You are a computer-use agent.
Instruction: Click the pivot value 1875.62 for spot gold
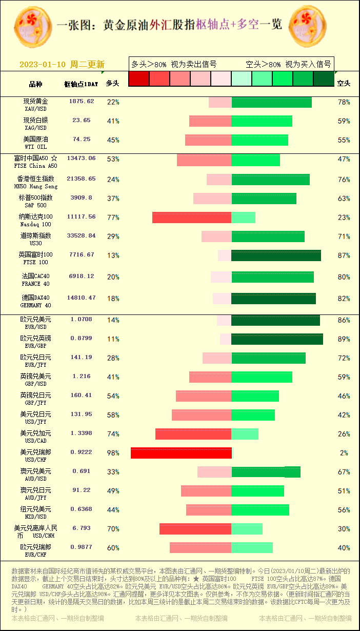(82, 102)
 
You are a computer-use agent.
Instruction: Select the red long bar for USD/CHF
(181, 453)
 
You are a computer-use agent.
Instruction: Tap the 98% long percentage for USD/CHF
(113, 453)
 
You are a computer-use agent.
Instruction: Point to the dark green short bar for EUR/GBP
(277, 339)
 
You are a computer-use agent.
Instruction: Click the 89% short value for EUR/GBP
(344, 339)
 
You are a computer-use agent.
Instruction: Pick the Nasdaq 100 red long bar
(192, 218)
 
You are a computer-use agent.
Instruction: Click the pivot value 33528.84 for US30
(81, 236)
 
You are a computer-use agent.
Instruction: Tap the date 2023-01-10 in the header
(43, 65)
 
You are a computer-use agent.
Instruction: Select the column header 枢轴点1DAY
(81, 84)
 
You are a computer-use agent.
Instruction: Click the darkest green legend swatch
(324, 78)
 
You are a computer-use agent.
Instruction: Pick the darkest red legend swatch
(138, 78)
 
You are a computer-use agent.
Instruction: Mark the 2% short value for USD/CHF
(344, 453)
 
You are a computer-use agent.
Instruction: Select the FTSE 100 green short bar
(276, 255)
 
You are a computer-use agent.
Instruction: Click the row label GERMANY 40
(35, 305)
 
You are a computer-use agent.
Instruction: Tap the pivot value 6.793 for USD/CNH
(81, 528)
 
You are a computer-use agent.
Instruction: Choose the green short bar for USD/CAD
(245, 434)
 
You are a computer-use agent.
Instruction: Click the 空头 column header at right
(344, 83)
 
